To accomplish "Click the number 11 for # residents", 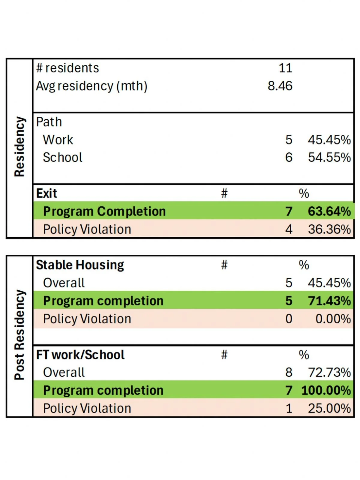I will pos(285,68).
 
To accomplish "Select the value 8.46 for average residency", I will pos(280,86).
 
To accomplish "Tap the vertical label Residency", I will pos(19,147).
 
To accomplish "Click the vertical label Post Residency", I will pos(19,335).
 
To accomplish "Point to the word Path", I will pos(49,122).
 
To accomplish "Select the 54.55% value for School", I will pos(329,157).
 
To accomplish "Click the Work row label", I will pos(58,140).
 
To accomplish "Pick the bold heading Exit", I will pos(46,193).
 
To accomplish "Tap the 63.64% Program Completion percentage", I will pos(329,211).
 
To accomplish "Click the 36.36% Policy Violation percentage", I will pos(329,229).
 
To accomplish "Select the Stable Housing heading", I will pos(80,265).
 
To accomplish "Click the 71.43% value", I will pos(329,301).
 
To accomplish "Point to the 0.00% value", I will pos(333,319).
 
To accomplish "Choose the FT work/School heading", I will pos(80,355).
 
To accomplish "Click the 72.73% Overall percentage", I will pos(329,373).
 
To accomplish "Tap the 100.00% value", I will pos(326,391).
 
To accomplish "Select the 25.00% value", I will pos(329,409).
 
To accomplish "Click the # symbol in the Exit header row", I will pos(224,193).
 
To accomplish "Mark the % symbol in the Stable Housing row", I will pos(304,265).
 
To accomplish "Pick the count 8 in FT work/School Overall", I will pos(289,373).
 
